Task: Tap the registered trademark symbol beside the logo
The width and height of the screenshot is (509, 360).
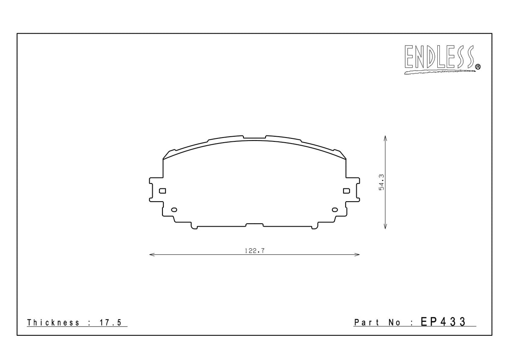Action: pos(478,66)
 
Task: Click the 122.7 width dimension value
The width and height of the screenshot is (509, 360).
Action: pos(255,250)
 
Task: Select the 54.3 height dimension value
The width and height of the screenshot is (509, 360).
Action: pos(381,182)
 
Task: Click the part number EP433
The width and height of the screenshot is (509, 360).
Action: pos(443,322)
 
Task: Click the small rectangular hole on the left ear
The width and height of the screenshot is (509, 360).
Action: pos(162,191)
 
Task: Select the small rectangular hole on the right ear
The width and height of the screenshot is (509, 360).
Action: pos(346,191)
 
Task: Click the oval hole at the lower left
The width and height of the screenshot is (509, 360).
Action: pos(173,210)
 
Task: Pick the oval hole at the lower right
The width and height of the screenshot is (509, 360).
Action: pos(335,210)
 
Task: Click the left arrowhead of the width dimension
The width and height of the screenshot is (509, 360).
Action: pos(151,255)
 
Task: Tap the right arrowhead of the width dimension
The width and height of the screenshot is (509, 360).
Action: pos(358,255)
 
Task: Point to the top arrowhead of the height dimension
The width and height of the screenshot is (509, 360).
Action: pos(385,138)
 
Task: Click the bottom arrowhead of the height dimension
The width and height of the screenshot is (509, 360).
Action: pos(385,228)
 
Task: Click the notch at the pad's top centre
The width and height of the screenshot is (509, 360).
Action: pos(255,138)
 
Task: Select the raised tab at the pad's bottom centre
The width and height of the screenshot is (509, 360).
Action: pos(255,224)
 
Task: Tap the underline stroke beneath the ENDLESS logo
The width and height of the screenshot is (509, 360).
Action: pos(439,72)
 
